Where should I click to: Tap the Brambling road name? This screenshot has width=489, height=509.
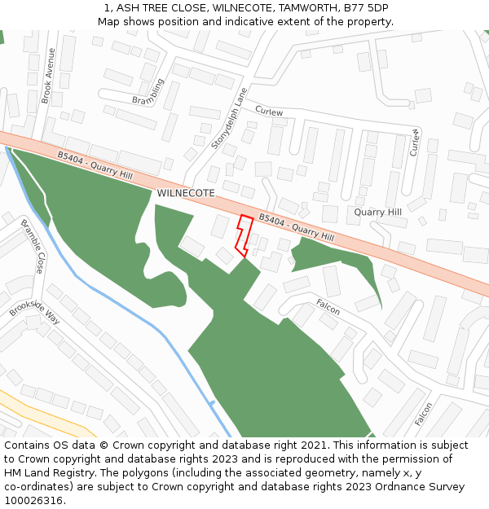point(148,93)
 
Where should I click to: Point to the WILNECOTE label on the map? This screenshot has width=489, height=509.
point(186,193)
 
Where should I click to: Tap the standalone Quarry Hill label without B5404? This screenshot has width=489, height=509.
point(377,213)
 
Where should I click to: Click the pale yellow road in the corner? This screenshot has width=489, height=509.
point(49,412)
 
